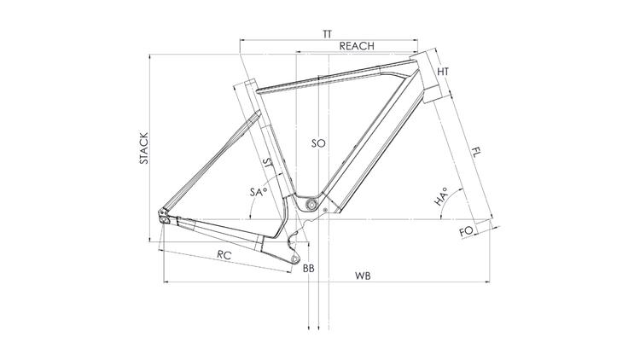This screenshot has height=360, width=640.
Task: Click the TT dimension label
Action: (x=328, y=34)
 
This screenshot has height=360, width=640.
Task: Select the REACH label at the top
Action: (x=357, y=46)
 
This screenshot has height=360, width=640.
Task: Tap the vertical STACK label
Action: (x=144, y=148)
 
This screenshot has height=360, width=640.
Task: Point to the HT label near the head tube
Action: (x=443, y=72)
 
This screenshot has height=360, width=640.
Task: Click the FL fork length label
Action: (x=476, y=153)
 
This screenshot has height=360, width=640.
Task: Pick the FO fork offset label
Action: (x=467, y=231)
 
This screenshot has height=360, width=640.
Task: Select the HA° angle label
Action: (x=440, y=197)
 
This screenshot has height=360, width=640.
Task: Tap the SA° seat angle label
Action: (x=259, y=191)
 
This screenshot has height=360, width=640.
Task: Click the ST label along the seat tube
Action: (x=269, y=164)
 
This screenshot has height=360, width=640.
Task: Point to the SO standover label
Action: (x=318, y=143)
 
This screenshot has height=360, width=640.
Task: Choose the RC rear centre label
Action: (x=224, y=256)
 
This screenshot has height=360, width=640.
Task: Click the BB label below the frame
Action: (x=309, y=269)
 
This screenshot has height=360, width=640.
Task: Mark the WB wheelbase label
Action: (x=363, y=276)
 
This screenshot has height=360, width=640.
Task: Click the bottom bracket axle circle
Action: (x=311, y=204)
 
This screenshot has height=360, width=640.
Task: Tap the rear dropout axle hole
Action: (x=164, y=219)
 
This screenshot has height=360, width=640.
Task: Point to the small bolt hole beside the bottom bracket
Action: (x=325, y=210)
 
